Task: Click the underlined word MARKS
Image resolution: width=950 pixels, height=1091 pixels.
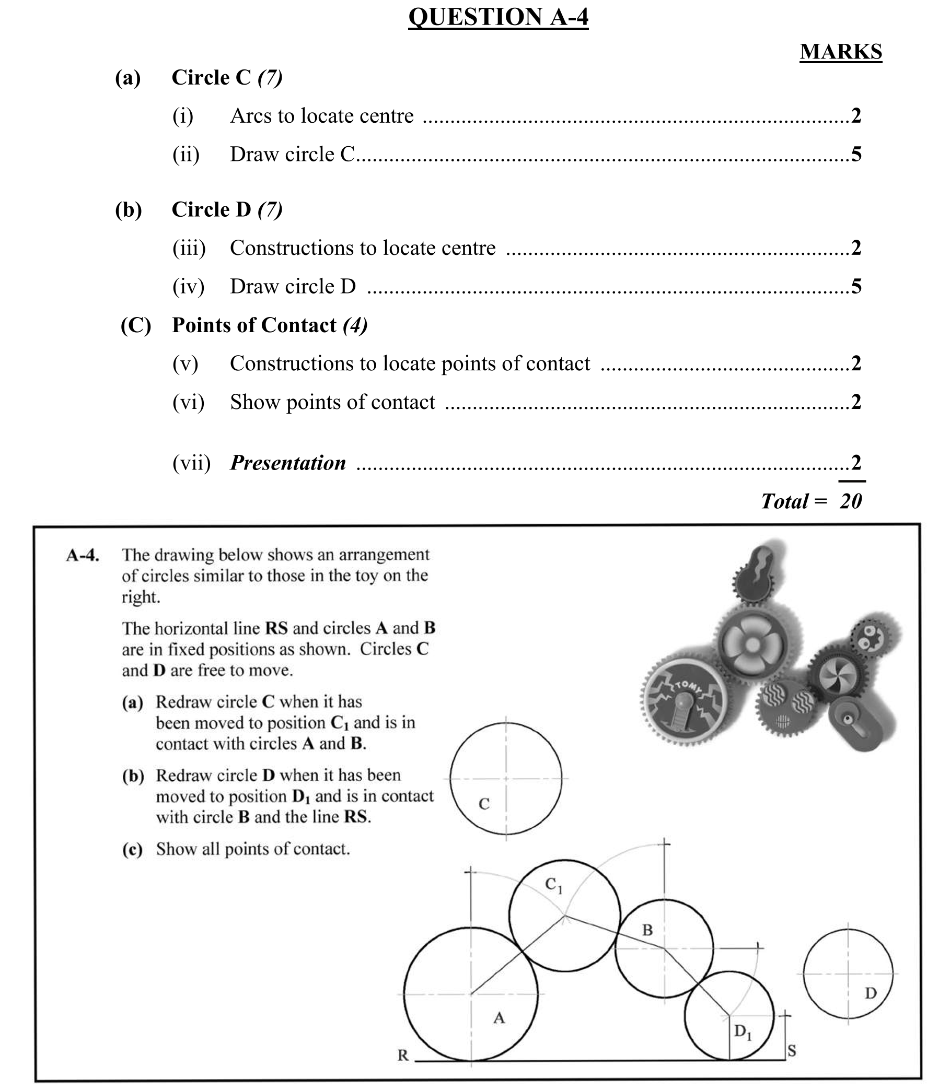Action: (x=841, y=52)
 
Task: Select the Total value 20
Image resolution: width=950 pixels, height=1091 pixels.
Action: (x=851, y=501)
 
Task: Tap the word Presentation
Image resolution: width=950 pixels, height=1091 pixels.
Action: (x=288, y=463)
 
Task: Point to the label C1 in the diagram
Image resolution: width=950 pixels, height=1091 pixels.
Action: (x=553, y=885)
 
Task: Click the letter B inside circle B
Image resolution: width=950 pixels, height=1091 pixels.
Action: (x=647, y=930)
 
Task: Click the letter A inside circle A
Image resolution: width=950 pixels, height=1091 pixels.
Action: (x=499, y=1017)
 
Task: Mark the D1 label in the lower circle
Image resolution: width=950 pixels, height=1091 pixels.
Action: (x=742, y=1031)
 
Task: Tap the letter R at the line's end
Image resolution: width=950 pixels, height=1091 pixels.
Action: (x=403, y=1055)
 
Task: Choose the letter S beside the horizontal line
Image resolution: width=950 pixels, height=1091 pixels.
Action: (x=792, y=1051)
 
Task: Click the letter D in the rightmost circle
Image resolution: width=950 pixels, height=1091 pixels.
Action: (x=871, y=993)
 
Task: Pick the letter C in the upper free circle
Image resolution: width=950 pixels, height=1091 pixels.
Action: (x=483, y=804)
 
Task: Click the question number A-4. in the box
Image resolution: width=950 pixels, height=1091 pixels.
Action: (x=83, y=555)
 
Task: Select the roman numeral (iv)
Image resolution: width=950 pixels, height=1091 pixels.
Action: (x=188, y=287)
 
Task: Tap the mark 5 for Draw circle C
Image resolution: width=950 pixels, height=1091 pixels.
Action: (x=856, y=155)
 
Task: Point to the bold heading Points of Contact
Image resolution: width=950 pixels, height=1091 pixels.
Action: (x=254, y=325)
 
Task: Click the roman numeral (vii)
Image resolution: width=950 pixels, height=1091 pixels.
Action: (x=191, y=463)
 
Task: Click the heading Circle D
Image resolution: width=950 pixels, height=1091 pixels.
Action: (x=211, y=210)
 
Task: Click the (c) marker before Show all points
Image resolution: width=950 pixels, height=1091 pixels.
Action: (x=133, y=849)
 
